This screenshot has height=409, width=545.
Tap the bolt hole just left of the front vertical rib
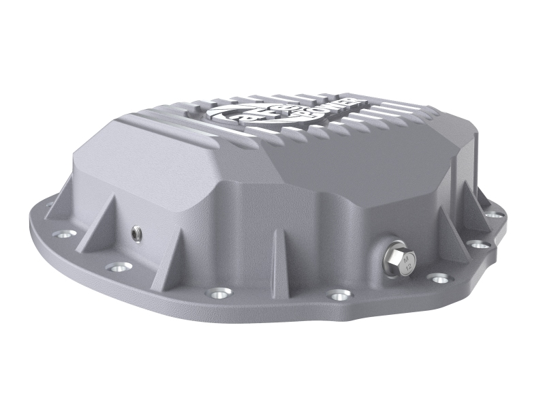click(217, 294)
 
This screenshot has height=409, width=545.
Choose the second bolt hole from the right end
click(481, 244)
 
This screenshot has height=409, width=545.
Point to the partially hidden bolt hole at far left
click(49, 202)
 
